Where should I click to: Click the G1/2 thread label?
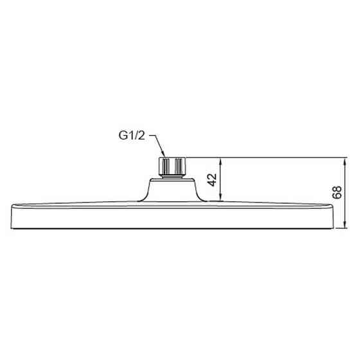(x=132, y=136)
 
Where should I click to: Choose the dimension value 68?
(x=337, y=192)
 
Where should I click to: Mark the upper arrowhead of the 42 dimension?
(x=221, y=160)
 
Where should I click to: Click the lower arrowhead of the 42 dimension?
(x=221, y=197)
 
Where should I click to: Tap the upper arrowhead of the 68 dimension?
(x=345, y=160)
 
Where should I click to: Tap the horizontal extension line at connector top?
(x=270, y=157)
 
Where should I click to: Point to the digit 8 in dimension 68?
(x=337, y=188)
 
